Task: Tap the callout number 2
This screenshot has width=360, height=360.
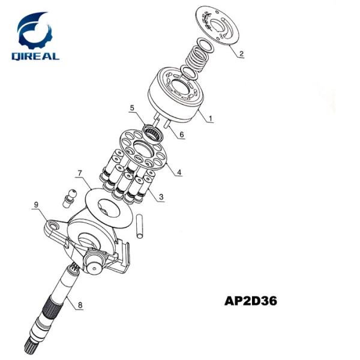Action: point(241,54)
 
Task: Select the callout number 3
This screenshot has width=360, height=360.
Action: point(160,197)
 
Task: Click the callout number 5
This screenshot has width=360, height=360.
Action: point(132,109)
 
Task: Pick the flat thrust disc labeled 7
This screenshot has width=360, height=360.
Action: point(108,206)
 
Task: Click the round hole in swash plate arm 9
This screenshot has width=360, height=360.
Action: point(56,226)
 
